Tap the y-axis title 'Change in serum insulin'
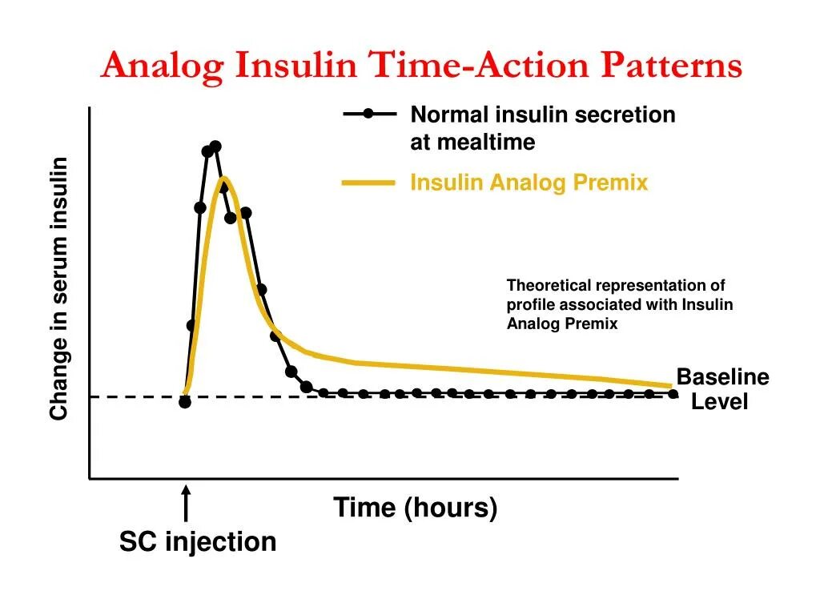coord(58,289)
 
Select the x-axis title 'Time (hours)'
coord(416,508)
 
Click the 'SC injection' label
coord(198,542)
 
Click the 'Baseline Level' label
coord(722,389)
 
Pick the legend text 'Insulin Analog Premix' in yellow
coord(529,183)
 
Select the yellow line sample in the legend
coord(368,183)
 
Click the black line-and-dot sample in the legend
coord(369,114)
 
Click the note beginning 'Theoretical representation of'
coord(619,304)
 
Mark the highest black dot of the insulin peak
coord(215,147)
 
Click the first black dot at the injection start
coord(185,402)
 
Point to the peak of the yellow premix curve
coord(224,178)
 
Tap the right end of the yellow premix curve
coord(669,386)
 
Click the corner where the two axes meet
coord(90,479)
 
